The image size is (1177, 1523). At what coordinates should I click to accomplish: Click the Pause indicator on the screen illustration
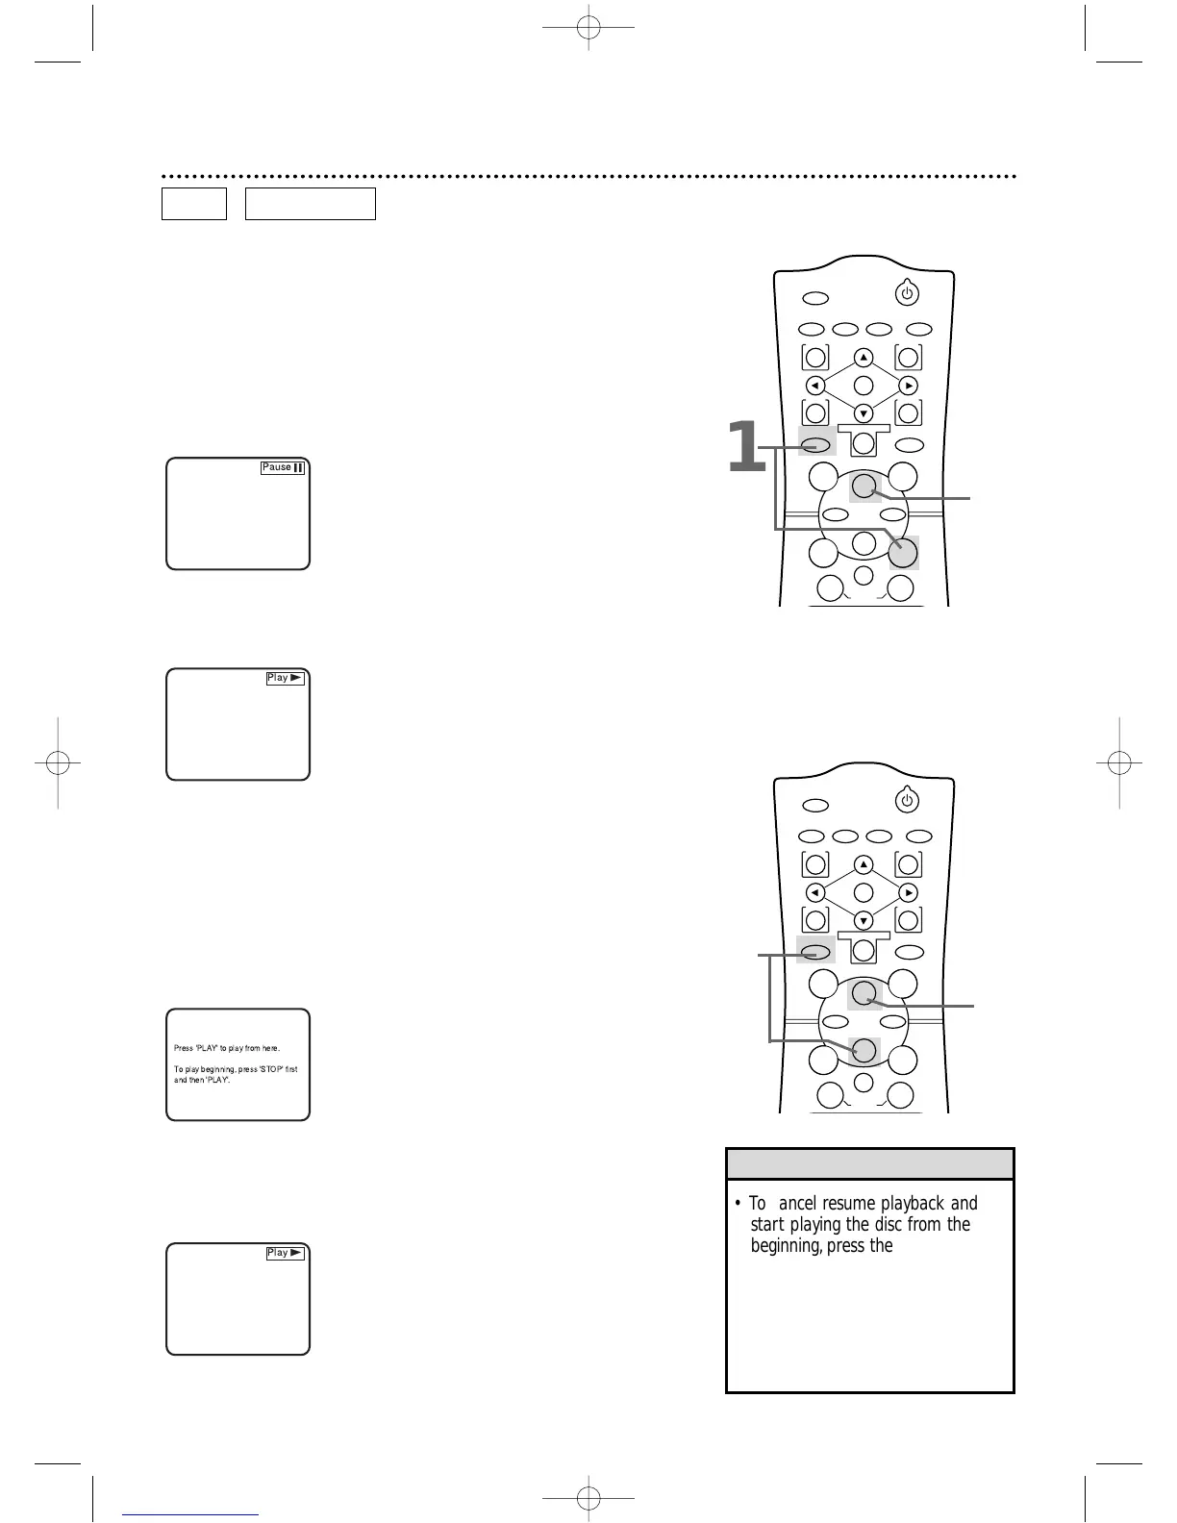click(284, 467)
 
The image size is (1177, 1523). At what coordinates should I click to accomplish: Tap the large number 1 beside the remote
click(745, 448)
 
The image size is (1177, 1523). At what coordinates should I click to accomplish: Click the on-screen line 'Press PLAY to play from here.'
click(227, 1048)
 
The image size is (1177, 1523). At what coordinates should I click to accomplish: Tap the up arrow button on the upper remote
click(864, 358)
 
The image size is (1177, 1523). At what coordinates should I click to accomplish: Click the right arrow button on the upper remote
click(909, 386)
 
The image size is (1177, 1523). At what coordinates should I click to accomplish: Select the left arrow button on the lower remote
click(815, 892)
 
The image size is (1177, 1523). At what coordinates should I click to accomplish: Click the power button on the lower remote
click(907, 800)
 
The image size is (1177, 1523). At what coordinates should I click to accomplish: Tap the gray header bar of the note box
click(869, 1164)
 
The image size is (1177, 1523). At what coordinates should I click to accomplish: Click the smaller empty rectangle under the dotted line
click(194, 204)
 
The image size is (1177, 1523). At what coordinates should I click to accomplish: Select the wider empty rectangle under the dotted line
click(310, 204)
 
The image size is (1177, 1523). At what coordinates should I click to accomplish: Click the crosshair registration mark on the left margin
click(58, 762)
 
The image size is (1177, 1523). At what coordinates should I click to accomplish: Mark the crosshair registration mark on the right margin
click(1117, 762)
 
